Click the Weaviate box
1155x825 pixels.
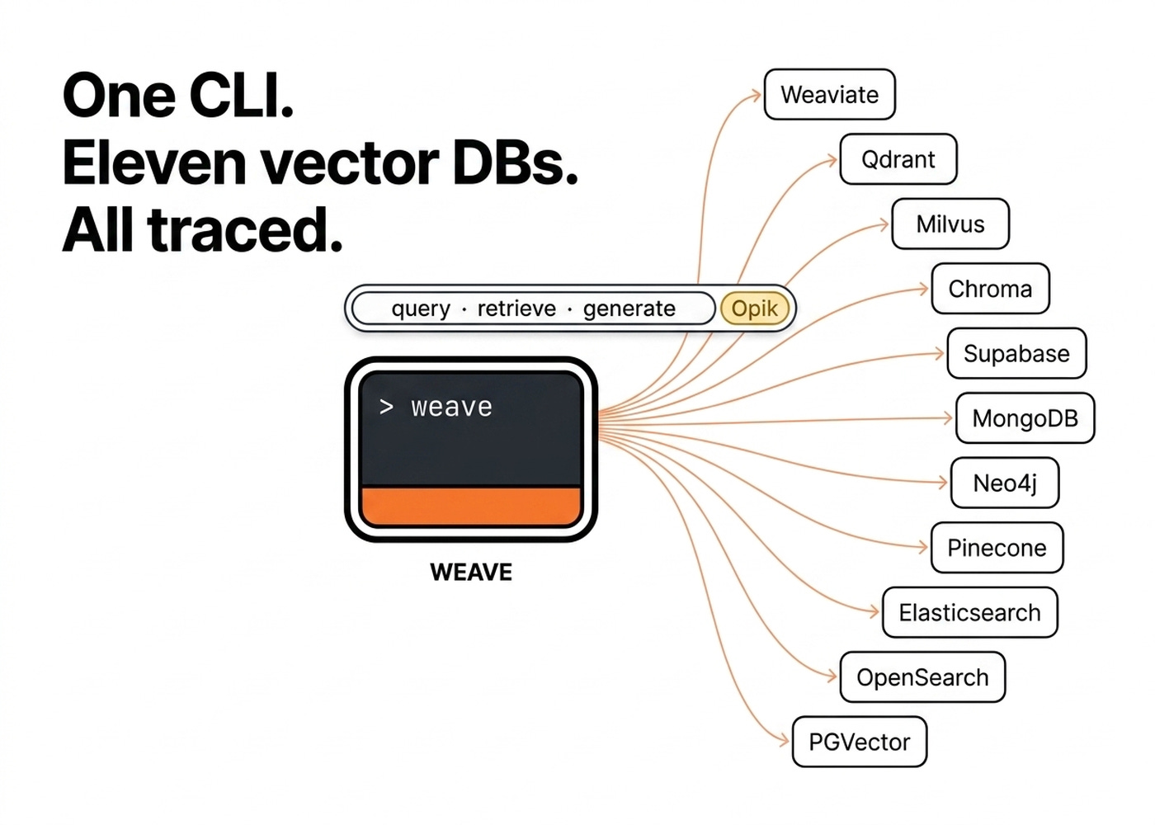[829, 95]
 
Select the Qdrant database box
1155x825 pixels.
[898, 159]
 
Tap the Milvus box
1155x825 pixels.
[950, 224]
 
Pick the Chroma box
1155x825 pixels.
[990, 289]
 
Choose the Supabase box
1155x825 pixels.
[1016, 354]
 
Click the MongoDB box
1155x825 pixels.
[1025, 418]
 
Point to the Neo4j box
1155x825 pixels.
[1004, 483]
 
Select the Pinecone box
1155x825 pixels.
[997, 548]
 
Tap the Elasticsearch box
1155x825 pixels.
[969, 613]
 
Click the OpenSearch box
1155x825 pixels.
[922, 677]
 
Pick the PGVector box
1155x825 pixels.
[859, 742]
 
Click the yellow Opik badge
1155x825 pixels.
[754, 309]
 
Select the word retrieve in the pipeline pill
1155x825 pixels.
[516, 309]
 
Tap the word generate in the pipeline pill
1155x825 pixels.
[629, 309]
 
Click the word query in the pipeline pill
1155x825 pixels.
[421, 309]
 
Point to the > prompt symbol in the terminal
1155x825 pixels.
[386, 407]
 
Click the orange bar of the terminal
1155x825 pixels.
[471, 506]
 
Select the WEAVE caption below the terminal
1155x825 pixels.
[471, 573]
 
